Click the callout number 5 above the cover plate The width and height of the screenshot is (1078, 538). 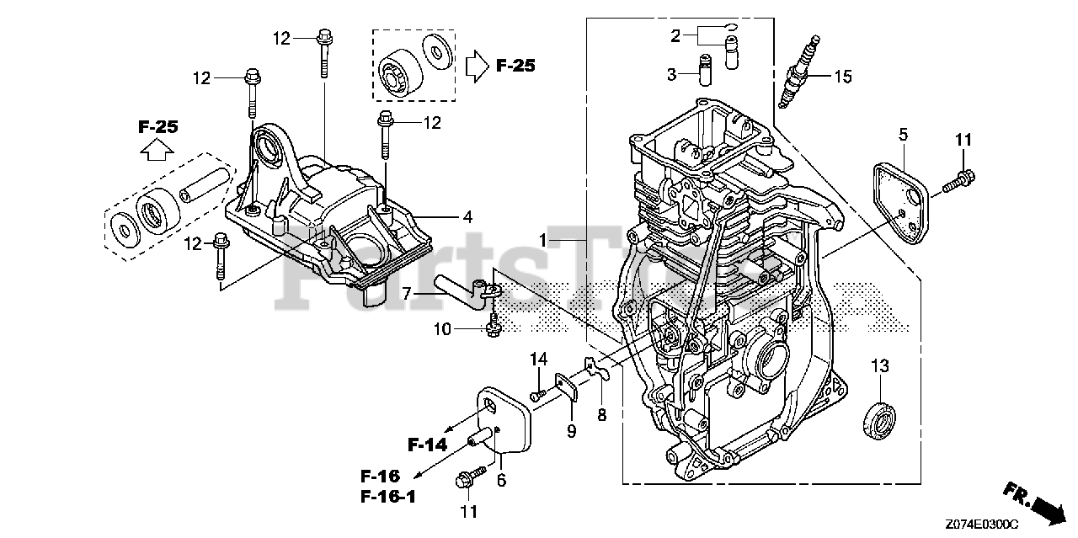[903, 134]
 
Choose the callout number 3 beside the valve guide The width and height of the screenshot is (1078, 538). [671, 75]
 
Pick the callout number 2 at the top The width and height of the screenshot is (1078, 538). [675, 35]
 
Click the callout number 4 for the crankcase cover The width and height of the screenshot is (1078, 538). [467, 216]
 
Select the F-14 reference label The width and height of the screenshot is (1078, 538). [429, 444]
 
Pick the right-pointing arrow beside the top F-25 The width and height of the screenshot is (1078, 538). [477, 66]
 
